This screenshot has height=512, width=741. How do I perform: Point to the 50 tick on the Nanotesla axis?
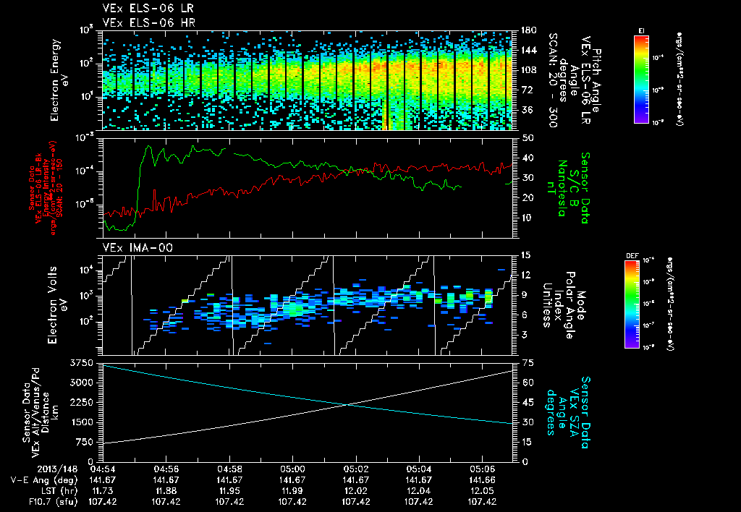click(x=526, y=137)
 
